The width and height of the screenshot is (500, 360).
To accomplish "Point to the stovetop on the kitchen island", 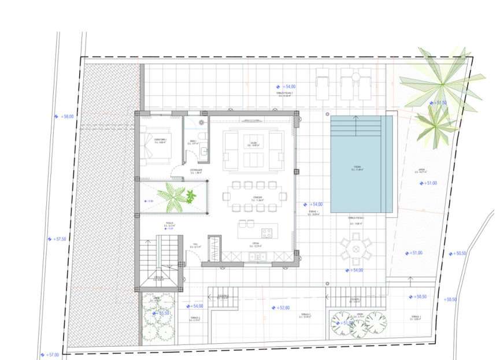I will (267, 233).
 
